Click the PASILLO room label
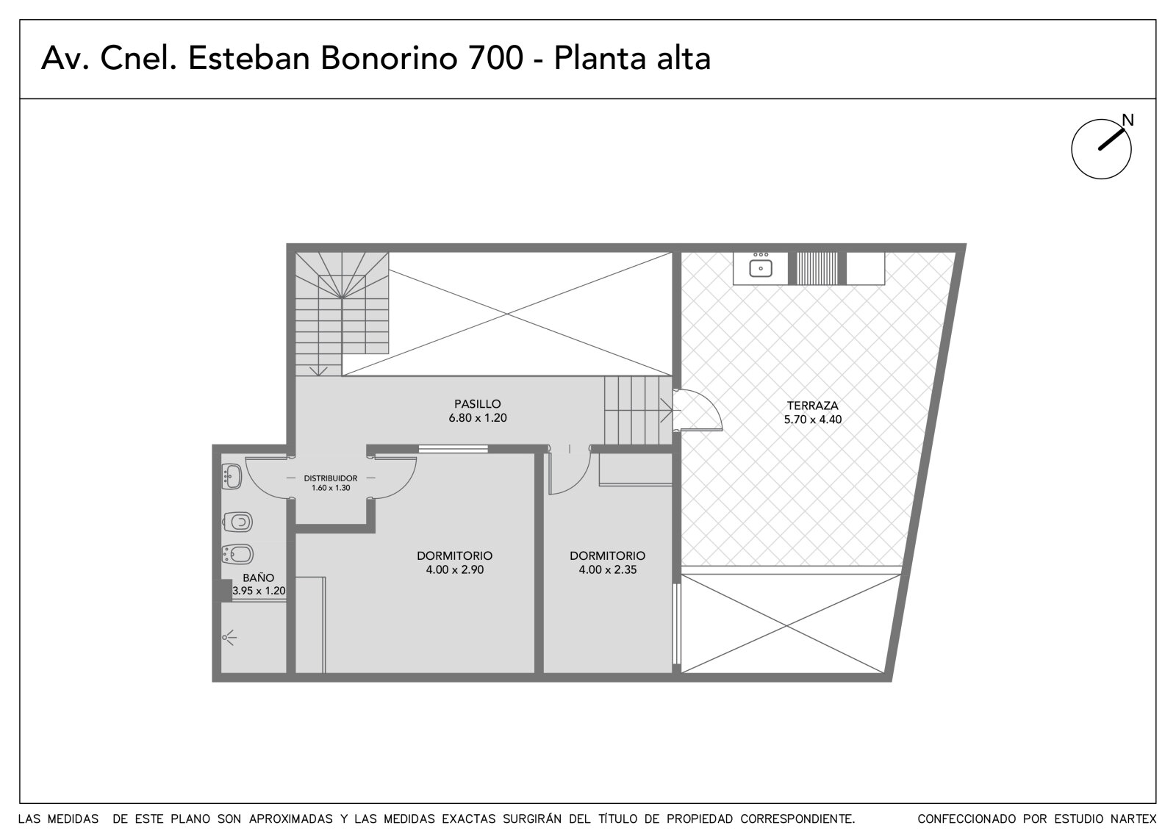pyautogui.click(x=477, y=404)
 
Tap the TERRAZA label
pyautogui.click(x=812, y=406)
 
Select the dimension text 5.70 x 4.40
pyautogui.click(x=813, y=420)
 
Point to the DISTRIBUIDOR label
pyautogui.click(x=331, y=478)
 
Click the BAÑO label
pyautogui.click(x=258, y=578)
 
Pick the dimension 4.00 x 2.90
pyautogui.click(x=455, y=569)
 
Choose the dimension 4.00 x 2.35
pyautogui.click(x=607, y=569)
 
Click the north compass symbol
pyautogui.click(x=1101, y=148)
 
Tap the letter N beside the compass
pyautogui.click(x=1127, y=120)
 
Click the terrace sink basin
pyautogui.click(x=761, y=268)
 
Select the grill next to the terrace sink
pyautogui.click(x=817, y=268)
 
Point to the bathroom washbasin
pyautogui.click(x=232, y=477)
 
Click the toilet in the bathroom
pyautogui.click(x=237, y=522)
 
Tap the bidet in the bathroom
pyautogui.click(x=237, y=554)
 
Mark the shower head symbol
pyautogui.click(x=229, y=638)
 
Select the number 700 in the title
pyautogui.click(x=495, y=58)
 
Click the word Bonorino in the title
pyautogui.click(x=389, y=58)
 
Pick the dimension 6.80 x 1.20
pyautogui.click(x=478, y=418)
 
